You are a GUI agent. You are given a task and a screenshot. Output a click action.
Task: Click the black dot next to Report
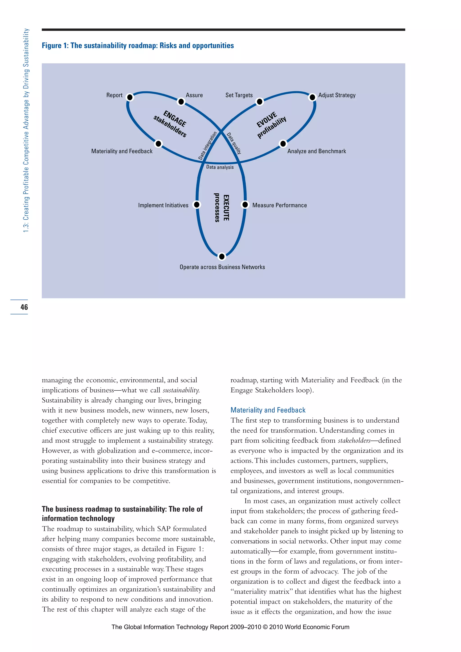pyautogui.click(x=130, y=97)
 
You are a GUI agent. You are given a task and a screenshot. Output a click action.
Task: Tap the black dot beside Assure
pyautogui.click(x=181, y=102)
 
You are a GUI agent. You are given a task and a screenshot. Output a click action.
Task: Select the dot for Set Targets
pyautogui.click(x=260, y=102)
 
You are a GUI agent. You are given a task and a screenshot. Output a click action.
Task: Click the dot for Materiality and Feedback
pyautogui.click(x=158, y=144)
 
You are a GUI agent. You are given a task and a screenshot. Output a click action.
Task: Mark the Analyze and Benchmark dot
pyautogui.click(x=283, y=144)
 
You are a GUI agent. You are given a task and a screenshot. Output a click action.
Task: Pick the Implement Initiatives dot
pyautogui.click(x=197, y=204)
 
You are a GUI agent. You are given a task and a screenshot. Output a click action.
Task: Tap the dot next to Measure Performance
pyautogui.click(x=245, y=204)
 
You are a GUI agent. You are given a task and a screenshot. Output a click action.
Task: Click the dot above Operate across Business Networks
pyautogui.click(x=222, y=257)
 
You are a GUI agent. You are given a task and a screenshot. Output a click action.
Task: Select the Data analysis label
pyautogui.click(x=220, y=167)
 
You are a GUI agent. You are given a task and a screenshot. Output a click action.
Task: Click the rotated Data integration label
pyautogui.click(x=208, y=146)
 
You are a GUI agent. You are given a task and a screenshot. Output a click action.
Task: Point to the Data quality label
pyautogui.click(x=234, y=143)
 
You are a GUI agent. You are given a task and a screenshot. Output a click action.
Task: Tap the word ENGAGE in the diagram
pyautogui.click(x=175, y=119)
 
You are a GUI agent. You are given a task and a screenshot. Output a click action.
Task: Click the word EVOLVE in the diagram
pyautogui.click(x=267, y=120)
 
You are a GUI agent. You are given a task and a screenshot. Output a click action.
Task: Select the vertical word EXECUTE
pyautogui.click(x=226, y=208)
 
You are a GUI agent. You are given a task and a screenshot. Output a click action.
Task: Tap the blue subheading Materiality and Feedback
pyautogui.click(x=268, y=410)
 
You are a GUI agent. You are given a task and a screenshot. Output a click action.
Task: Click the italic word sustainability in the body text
pyautogui.click(x=181, y=390)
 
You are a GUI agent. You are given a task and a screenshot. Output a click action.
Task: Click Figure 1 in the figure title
pyautogui.click(x=55, y=46)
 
